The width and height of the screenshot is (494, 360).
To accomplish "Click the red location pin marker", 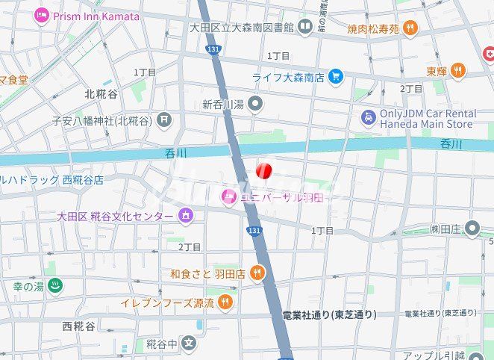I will point(263,171).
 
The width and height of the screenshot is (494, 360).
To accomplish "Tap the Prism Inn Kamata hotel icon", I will point(42,15).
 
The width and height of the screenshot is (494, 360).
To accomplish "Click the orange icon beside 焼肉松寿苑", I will point(410,28).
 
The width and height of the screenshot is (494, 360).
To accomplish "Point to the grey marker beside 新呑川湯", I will point(256,103).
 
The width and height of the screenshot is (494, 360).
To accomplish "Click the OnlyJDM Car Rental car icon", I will point(368,117).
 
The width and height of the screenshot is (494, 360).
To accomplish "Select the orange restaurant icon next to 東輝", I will point(457,71).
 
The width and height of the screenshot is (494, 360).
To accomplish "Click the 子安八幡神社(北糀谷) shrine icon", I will point(164,120).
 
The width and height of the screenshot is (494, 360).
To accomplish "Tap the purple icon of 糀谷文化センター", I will point(185,216).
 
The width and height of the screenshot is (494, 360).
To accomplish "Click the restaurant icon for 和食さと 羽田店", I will point(257,273).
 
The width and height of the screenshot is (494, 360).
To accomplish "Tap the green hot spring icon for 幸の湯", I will point(54,285).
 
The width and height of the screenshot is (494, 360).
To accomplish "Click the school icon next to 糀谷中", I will point(190,344).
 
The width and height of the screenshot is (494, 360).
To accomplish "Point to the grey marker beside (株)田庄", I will point(472,228).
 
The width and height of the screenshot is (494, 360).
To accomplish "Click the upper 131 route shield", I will point(214,49).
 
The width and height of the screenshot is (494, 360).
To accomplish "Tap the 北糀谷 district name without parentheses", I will point(101,94).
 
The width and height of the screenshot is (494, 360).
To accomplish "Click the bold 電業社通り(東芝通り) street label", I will point(330,314).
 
